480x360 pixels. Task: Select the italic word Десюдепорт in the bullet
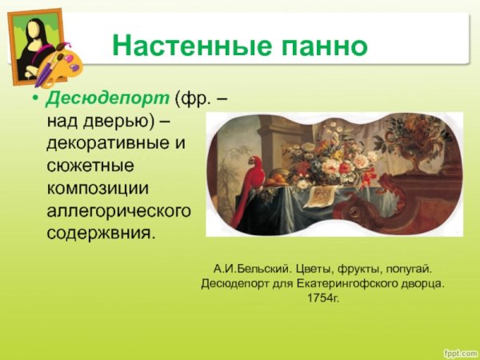point(107,98)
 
